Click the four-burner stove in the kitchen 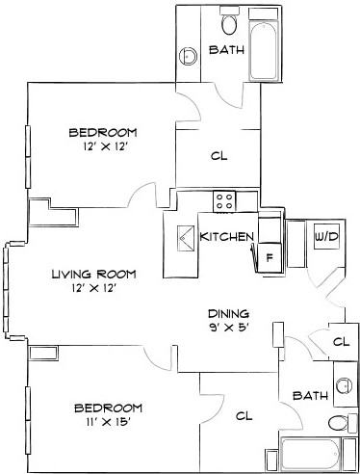pos(225,200)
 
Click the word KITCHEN pos(226,236)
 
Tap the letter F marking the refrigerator pos(270,257)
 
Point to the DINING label pos(229,313)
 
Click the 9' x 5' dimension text pos(229,328)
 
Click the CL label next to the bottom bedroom pos(244,415)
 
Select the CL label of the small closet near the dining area pos(340,341)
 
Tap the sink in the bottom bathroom pos(343,384)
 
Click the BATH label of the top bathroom pos(226,50)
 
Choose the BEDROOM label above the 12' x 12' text pos(102,132)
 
